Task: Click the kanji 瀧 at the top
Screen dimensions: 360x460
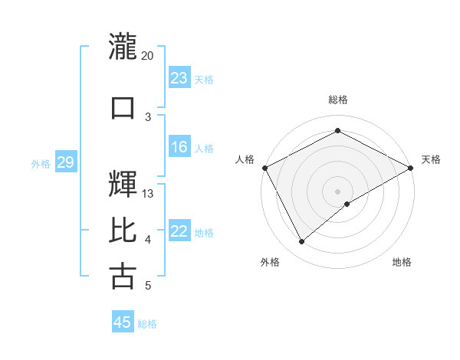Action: (x=123, y=44)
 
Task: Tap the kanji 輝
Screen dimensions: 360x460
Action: (x=123, y=184)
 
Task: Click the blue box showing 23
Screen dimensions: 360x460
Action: (x=179, y=78)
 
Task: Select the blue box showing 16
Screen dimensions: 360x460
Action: (x=179, y=147)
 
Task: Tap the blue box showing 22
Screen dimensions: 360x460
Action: (x=179, y=231)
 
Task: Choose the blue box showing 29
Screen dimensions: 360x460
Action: (x=65, y=162)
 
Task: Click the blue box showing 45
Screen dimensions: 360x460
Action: (x=123, y=322)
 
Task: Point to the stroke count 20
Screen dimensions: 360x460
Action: (x=148, y=56)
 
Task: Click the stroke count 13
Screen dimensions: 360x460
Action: (x=148, y=194)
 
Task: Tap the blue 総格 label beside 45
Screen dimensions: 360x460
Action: (x=147, y=323)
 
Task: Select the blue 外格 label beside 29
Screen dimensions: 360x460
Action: (x=41, y=163)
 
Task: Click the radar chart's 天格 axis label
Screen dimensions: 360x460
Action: (x=431, y=159)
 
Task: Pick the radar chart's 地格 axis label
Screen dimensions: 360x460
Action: (x=402, y=263)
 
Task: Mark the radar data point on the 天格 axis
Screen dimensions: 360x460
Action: (x=411, y=167)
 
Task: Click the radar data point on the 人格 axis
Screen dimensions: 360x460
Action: (x=264, y=167)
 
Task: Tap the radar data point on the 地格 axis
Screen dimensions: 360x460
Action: (x=347, y=204)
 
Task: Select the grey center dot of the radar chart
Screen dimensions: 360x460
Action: (x=337, y=191)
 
